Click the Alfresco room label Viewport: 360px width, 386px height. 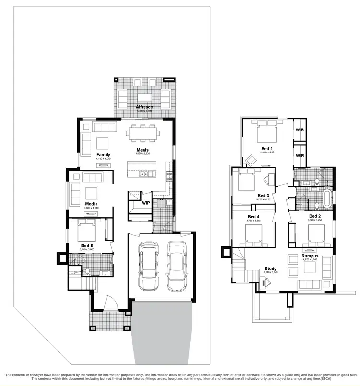[144, 106]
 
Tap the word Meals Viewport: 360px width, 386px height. [143, 150]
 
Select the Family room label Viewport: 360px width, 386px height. [103, 155]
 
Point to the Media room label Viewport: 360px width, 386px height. [91, 204]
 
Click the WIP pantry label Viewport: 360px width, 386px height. [145, 203]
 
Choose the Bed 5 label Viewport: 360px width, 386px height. [87, 246]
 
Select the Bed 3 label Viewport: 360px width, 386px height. [263, 195]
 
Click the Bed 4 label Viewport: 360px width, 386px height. [253, 216]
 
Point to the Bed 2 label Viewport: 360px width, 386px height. [315, 216]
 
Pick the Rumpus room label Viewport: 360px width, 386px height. [310, 256]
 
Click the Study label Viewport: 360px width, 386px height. [271, 269]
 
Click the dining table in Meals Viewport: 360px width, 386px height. [143, 133]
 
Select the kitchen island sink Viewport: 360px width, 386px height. [144, 174]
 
